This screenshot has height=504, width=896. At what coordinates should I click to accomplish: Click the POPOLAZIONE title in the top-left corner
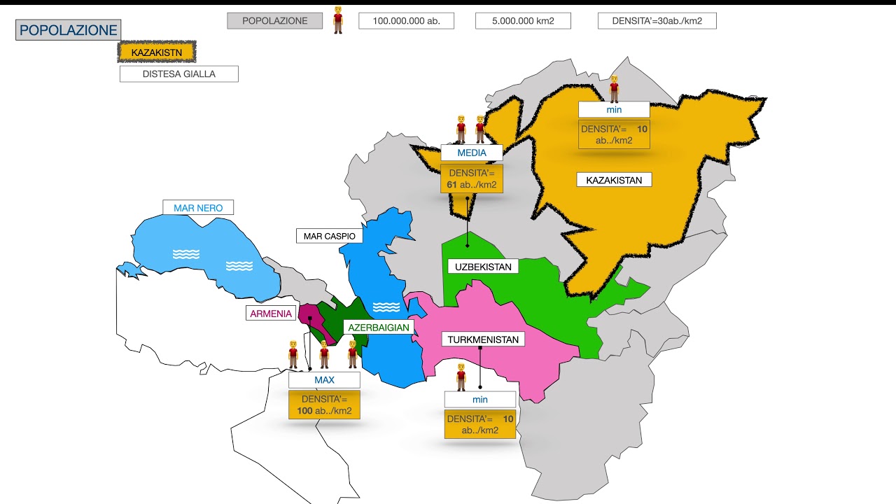tap(68, 30)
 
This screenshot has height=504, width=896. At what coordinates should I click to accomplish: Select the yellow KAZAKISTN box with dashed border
tap(157, 52)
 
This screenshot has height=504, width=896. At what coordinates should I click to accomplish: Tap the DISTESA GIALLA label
tap(178, 73)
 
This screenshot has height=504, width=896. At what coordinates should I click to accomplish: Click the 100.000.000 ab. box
tap(406, 21)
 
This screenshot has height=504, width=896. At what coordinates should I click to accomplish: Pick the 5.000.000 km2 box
tap(523, 21)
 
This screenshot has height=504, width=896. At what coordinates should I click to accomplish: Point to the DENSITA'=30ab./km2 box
tap(657, 21)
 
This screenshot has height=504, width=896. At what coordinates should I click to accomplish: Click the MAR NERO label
tap(198, 208)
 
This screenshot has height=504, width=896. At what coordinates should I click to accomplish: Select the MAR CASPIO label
tap(329, 236)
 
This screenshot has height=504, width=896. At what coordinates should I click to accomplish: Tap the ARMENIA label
tap(271, 314)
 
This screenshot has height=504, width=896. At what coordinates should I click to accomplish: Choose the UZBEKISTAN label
tap(483, 267)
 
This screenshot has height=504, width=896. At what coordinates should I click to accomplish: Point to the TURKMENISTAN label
tap(483, 339)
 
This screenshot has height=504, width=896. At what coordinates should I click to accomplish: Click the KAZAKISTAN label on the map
tap(614, 180)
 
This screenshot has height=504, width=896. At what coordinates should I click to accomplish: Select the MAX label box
tap(324, 380)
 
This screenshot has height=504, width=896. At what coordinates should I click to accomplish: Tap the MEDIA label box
tap(472, 153)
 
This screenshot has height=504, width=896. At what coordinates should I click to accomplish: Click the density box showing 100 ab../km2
tap(324, 405)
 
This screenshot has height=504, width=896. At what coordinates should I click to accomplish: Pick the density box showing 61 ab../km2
tap(472, 178)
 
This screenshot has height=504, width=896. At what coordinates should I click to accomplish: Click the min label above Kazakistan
tap(614, 110)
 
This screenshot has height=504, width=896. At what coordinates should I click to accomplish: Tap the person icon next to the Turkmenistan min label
tap(461, 377)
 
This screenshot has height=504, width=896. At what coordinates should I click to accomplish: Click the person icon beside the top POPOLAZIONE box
tap(338, 20)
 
